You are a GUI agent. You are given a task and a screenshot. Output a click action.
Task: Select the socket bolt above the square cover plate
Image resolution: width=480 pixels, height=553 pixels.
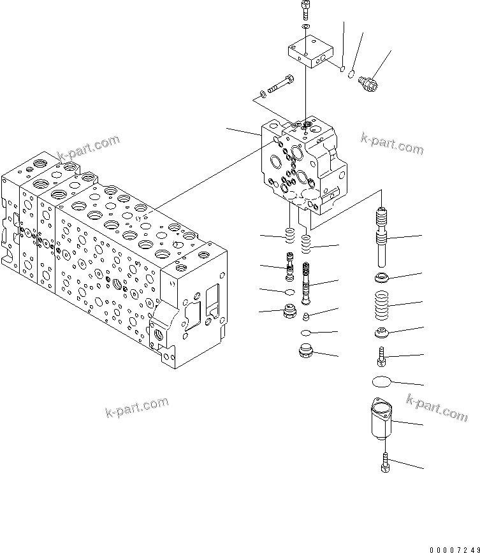(306, 11)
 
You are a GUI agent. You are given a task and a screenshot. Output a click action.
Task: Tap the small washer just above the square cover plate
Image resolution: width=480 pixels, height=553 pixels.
(306, 28)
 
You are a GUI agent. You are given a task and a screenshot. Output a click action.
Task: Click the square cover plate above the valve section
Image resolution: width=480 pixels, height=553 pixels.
(310, 52)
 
